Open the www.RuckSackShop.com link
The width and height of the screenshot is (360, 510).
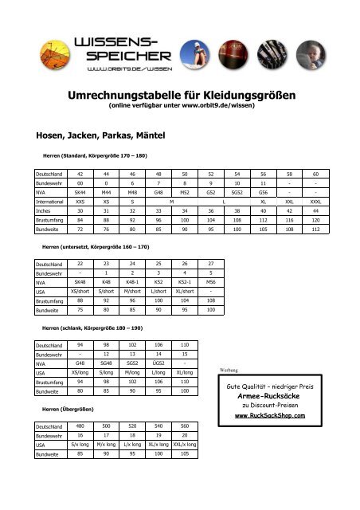pyautogui.click(x=284, y=414)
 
